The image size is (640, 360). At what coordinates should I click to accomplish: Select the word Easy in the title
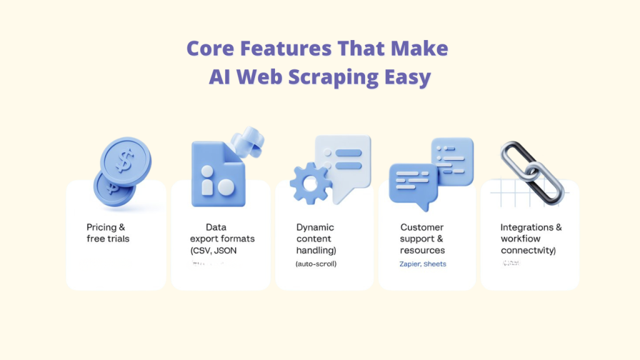click(x=407, y=77)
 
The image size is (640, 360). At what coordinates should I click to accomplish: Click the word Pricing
click(x=102, y=227)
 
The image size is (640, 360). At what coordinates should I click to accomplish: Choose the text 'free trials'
click(x=107, y=239)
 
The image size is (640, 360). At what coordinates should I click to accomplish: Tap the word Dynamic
click(x=315, y=227)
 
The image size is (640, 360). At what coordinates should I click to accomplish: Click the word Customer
click(x=422, y=227)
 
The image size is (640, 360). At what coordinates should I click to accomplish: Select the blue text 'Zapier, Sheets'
click(x=422, y=264)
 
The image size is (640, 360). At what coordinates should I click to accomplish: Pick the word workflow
click(x=521, y=239)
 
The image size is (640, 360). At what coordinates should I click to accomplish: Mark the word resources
click(x=422, y=251)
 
